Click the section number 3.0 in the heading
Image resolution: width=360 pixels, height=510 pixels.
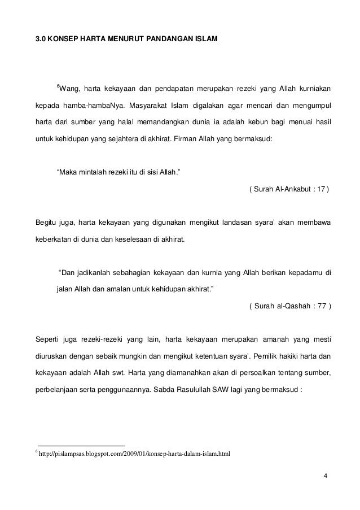click(x=41, y=41)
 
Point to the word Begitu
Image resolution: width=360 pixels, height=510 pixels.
click(x=48, y=222)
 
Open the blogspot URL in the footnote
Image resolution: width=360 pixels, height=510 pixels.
click(x=135, y=454)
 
